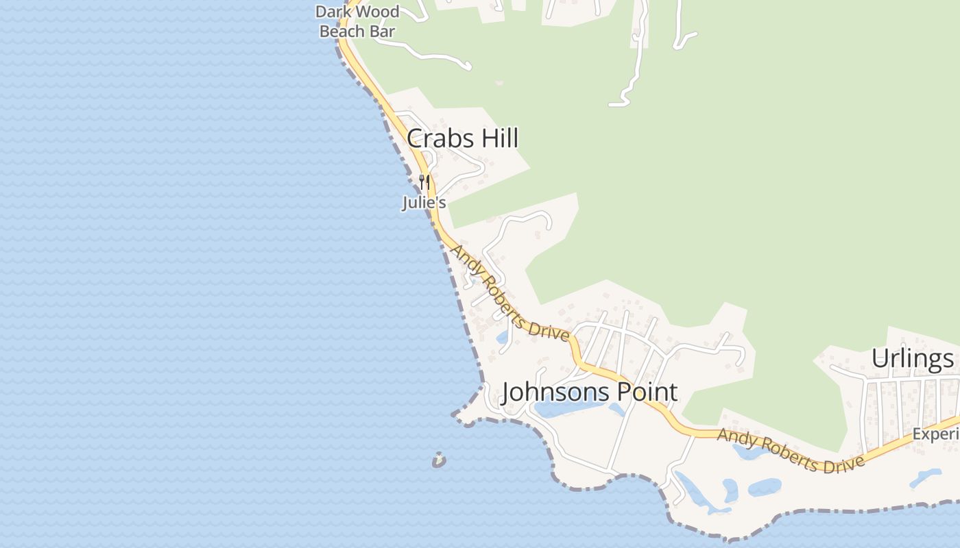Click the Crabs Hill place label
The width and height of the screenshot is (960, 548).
(x=462, y=138)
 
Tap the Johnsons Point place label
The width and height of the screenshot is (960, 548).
(x=590, y=393)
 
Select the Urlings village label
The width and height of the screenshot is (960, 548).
(x=912, y=358)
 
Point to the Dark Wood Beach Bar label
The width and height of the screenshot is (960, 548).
(x=357, y=21)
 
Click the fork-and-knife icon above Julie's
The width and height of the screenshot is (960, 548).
(x=424, y=182)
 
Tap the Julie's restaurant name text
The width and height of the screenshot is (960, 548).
(x=424, y=203)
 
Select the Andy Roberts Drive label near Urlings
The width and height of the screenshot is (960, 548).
(x=791, y=451)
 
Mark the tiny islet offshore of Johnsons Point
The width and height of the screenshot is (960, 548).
(x=439, y=460)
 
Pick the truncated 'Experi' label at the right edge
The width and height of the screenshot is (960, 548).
(x=935, y=434)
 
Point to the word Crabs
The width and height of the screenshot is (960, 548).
(x=435, y=138)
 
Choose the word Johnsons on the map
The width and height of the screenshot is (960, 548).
(x=549, y=393)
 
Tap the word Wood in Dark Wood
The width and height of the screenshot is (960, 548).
(x=382, y=12)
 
